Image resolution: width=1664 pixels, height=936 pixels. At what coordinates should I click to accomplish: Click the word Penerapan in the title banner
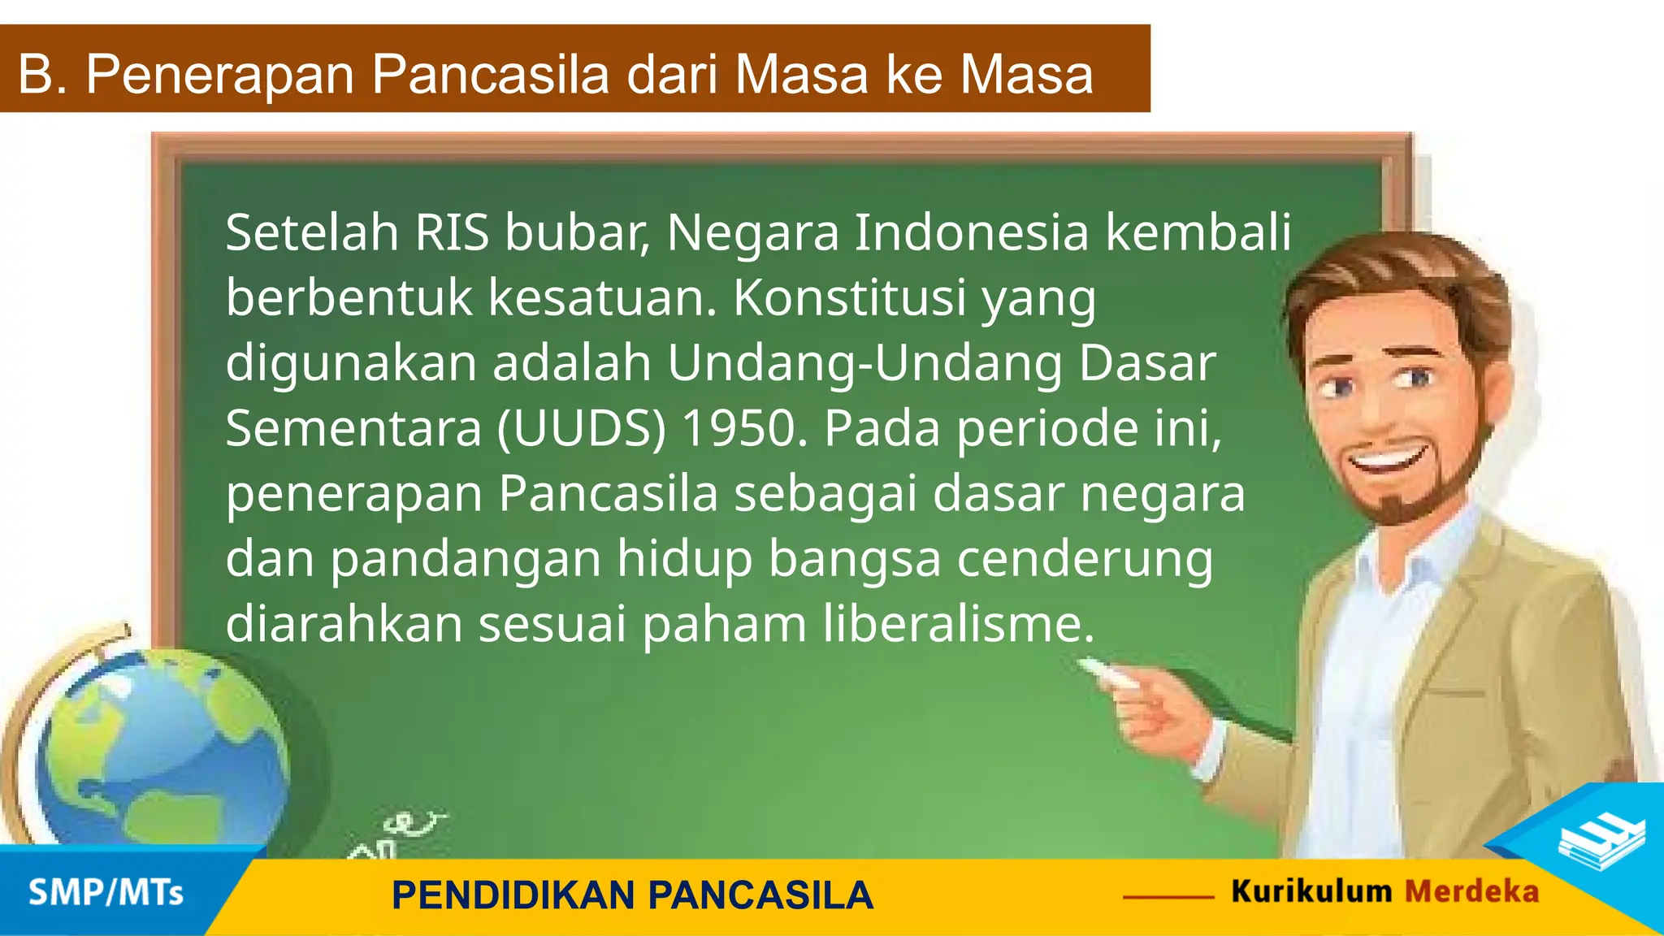coord(220,76)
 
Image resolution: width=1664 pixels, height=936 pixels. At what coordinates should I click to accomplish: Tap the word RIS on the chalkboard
coord(452,233)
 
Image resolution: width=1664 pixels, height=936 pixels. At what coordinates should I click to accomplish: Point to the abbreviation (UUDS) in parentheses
coord(582,428)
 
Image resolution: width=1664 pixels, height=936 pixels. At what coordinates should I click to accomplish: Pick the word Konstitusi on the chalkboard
coord(850,298)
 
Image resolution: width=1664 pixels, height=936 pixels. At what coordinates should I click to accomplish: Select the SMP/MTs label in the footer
coord(106,893)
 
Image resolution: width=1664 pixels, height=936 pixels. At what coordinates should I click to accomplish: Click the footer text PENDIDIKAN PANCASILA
coord(632,895)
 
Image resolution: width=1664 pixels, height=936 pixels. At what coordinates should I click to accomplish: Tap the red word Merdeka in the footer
coord(1471,891)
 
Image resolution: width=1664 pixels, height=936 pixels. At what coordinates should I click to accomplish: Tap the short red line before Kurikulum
coord(1168,897)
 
